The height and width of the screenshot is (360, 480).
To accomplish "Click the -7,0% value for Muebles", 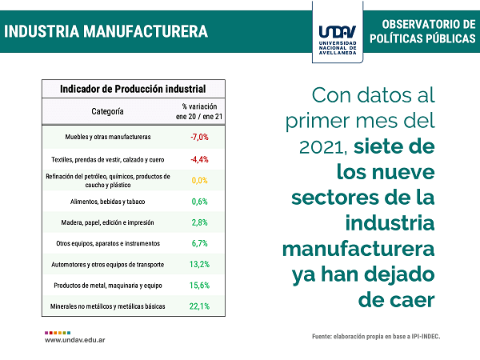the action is [x=199, y=137].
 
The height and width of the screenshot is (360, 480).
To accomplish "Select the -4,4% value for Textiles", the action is [x=199, y=159].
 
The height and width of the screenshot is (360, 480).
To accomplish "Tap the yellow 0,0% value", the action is [x=199, y=180].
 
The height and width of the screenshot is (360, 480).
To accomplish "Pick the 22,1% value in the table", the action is [x=199, y=306].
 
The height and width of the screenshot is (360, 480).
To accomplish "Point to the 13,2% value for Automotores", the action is [x=199, y=264].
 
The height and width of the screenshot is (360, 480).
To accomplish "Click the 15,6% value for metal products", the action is [x=199, y=286].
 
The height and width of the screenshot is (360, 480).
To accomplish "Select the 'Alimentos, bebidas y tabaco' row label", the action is [x=107, y=202].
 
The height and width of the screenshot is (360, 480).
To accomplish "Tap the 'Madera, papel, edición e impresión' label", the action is [x=107, y=222].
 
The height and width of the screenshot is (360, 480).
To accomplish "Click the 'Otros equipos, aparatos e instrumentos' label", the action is [x=108, y=243].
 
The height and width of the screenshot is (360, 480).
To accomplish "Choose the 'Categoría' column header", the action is [x=107, y=111].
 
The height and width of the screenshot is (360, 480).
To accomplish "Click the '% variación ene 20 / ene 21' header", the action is [x=199, y=111].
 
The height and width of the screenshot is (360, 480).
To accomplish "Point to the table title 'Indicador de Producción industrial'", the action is [x=133, y=89].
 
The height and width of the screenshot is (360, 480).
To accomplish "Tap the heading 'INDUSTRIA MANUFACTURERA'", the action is [x=106, y=31].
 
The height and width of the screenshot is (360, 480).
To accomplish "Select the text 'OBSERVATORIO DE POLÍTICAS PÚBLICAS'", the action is [x=422, y=31].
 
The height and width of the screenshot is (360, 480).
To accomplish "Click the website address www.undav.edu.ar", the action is [x=75, y=340].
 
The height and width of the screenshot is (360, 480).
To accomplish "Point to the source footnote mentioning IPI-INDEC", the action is [x=376, y=337].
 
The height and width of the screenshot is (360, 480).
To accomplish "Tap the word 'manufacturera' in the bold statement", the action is [x=358, y=249].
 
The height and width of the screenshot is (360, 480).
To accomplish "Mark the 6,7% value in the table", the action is [x=199, y=243].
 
